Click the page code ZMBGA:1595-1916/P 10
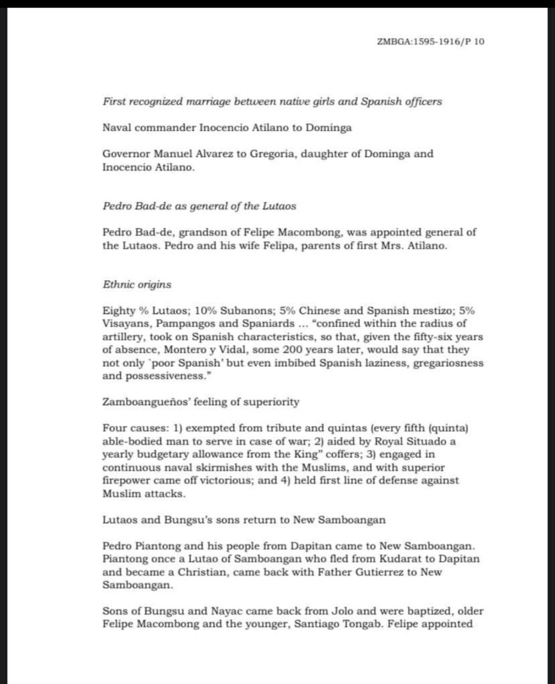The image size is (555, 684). click(431, 41)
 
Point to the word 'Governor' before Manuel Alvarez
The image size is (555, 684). click(126, 154)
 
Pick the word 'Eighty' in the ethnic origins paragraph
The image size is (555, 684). click(118, 311)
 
